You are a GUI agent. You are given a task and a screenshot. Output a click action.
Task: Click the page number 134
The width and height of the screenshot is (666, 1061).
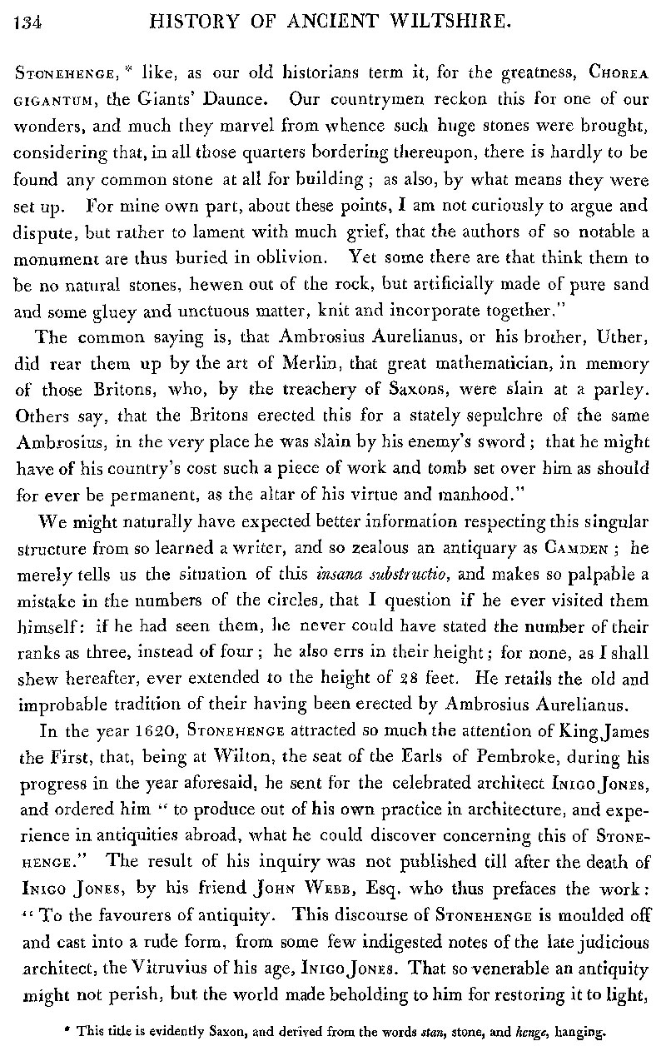pos(28,25)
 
